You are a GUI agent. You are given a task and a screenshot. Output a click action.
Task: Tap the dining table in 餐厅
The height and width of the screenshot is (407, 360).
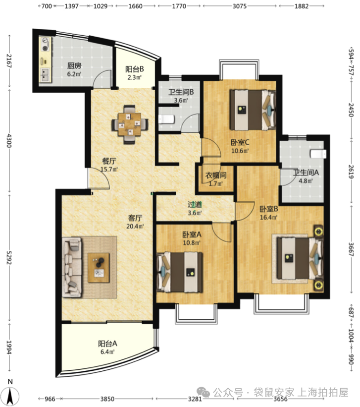point(130,124)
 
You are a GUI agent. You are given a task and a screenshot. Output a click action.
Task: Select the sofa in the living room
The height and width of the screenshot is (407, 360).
point(72,267)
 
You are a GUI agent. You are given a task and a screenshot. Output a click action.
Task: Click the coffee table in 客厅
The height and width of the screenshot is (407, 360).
point(99,268)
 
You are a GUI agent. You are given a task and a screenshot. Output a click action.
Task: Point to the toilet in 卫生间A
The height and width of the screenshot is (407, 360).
point(318,154)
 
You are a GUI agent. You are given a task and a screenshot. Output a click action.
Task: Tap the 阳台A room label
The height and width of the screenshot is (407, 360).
point(107,344)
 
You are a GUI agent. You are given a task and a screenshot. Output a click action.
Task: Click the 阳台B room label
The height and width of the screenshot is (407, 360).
point(134,69)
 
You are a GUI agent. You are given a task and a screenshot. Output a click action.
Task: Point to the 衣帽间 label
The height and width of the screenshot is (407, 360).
point(216,175)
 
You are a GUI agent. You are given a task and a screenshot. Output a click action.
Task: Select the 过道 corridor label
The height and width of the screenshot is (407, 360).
point(195,205)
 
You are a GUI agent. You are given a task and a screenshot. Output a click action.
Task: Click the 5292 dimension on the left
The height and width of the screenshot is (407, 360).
point(9,257)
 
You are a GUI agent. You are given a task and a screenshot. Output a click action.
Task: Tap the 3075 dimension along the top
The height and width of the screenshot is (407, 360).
point(239,6)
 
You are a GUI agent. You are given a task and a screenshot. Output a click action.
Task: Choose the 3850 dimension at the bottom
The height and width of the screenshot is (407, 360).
point(107,399)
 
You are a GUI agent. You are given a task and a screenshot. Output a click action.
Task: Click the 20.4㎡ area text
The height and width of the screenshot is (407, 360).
point(135,226)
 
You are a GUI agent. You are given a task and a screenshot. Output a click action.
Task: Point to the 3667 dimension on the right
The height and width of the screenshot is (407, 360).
point(351,249)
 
